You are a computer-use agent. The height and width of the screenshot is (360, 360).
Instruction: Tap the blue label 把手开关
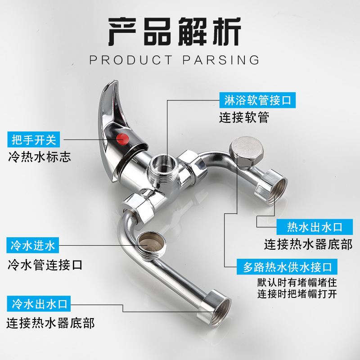[34, 139]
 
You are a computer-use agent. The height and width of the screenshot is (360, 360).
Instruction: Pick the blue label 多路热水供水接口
[288, 267]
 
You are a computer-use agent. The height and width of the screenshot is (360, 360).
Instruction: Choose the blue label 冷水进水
[33, 246]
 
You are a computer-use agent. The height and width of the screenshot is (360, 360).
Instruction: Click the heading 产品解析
[175, 32]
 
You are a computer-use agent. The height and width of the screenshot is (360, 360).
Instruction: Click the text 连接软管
[244, 118]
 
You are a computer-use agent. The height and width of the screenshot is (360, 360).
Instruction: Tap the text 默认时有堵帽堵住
[297, 283]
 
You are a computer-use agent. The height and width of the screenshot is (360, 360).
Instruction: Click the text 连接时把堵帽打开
[297, 295]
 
